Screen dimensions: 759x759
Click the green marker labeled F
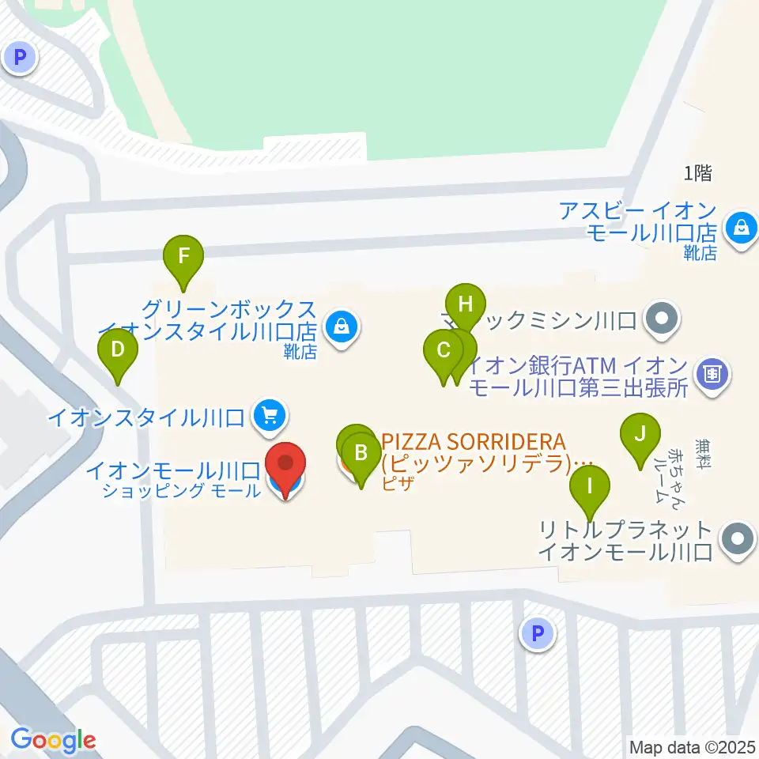click(x=183, y=256)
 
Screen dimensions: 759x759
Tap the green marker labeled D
click(x=118, y=349)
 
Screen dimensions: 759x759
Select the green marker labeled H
click(x=465, y=304)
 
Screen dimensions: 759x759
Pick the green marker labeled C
click(x=444, y=350)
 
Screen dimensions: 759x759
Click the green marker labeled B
click(x=361, y=454)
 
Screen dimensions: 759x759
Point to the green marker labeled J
click(x=640, y=434)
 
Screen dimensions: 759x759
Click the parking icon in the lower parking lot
click(x=538, y=633)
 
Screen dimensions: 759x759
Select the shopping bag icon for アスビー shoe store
click(x=742, y=228)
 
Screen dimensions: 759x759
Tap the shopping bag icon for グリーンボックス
click(x=342, y=324)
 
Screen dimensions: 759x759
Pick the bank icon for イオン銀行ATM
click(x=713, y=370)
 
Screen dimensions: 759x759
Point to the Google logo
click(x=53, y=739)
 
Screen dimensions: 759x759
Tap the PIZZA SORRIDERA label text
click(x=485, y=451)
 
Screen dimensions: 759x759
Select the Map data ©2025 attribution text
click(x=692, y=746)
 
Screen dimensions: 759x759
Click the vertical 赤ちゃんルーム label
click(x=664, y=474)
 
